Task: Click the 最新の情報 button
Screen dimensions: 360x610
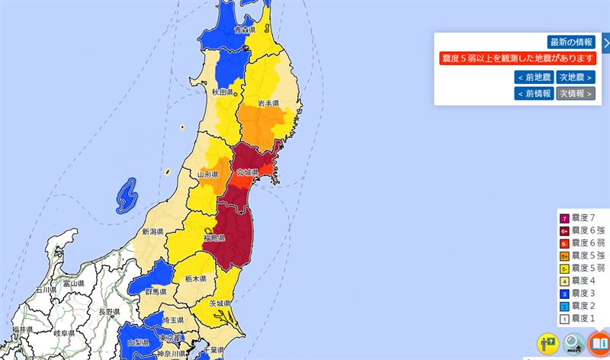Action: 570,42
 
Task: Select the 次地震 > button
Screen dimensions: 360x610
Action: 576,77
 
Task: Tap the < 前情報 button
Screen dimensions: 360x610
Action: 533,93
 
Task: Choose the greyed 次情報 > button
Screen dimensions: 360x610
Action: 576,93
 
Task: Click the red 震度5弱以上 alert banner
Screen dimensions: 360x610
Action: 517,59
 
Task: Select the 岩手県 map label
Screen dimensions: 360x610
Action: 268,103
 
